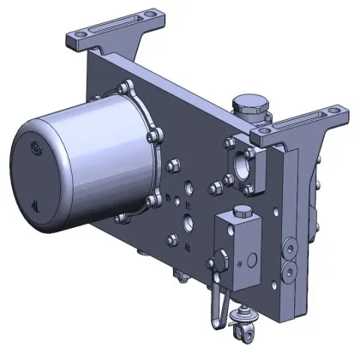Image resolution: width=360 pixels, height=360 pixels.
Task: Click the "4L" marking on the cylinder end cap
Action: [x=33, y=205]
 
